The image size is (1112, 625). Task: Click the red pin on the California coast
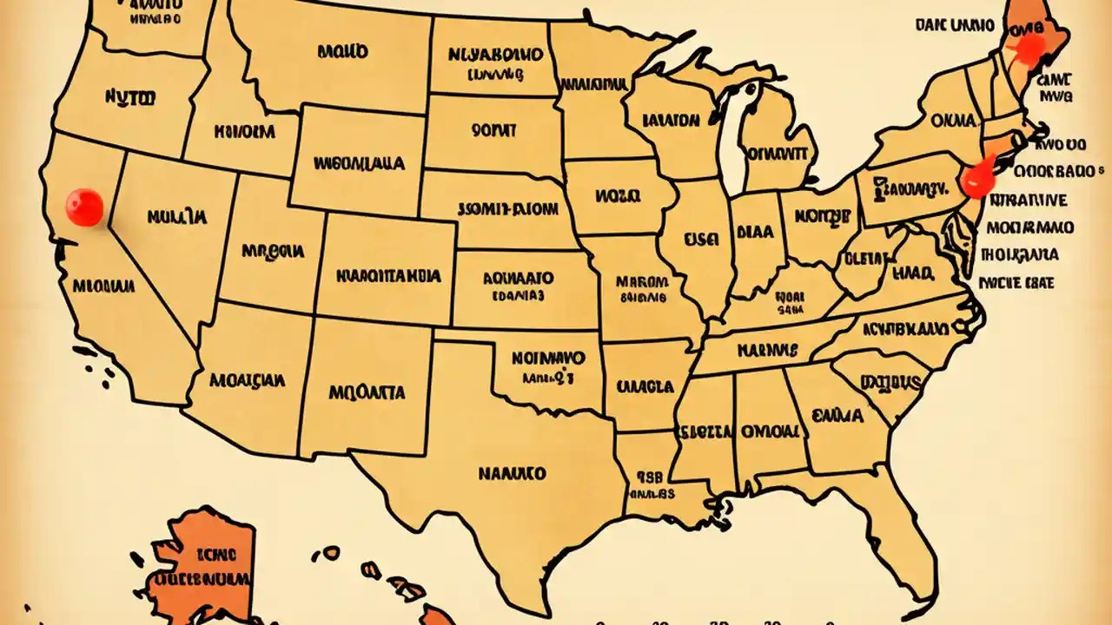click(84, 207)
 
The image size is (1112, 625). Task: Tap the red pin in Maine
click(1029, 48)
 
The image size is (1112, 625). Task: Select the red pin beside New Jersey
click(978, 178)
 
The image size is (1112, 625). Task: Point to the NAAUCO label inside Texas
click(513, 473)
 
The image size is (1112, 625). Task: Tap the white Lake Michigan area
click(734, 139)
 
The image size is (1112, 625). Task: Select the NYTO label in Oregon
click(130, 98)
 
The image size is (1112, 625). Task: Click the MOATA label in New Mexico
click(367, 392)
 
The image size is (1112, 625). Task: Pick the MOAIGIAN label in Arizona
click(248, 380)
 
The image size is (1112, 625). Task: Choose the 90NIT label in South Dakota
click(494, 131)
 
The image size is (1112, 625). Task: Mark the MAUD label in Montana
click(343, 51)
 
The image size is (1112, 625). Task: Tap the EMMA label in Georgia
click(837, 417)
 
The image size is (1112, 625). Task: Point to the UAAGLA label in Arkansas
click(645, 385)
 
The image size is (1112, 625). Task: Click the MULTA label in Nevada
click(177, 215)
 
